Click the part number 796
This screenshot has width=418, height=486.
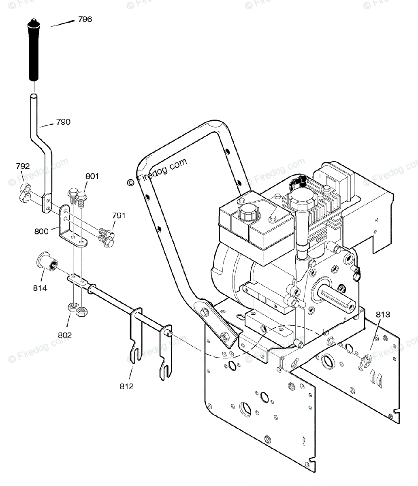click(x=85, y=19)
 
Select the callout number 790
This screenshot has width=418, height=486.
click(x=63, y=122)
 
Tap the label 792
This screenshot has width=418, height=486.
click(x=23, y=166)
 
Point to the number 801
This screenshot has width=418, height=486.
click(x=92, y=176)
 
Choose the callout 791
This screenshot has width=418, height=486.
click(x=119, y=215)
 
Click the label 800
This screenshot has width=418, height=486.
click(x=41, y=231)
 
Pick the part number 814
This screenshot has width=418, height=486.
click(x=40, y=288)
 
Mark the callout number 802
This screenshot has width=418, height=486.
click(x=65, y=335)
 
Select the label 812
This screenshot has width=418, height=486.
click(x=126, y=386)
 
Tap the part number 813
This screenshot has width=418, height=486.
click(x=383, y=314)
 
